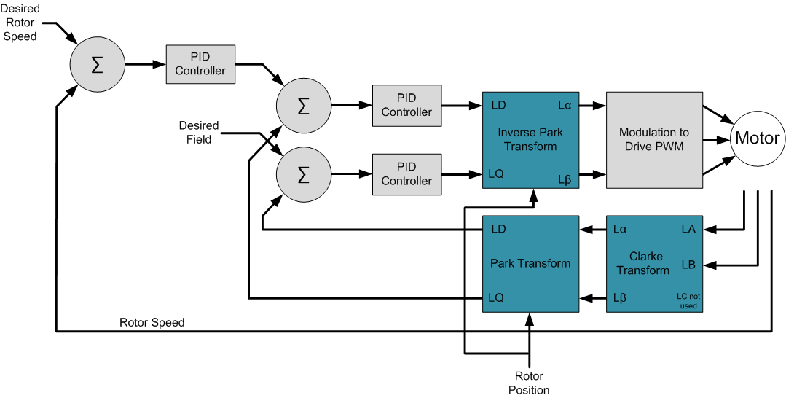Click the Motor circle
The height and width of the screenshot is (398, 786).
click(757, 138)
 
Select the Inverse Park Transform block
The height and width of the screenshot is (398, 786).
click(530, 139)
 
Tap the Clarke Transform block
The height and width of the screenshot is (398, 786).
click(654, 263)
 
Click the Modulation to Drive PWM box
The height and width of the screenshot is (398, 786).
click(654, 139)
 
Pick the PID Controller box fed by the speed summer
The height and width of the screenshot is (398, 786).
click(200, 64)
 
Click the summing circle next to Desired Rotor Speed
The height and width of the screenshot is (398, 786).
click(96, 64)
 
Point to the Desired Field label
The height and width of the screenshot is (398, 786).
click(198, 132)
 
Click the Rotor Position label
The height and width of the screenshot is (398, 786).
click(529, 383)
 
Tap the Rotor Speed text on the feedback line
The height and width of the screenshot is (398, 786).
click(152, 322)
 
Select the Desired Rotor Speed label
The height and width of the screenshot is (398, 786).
click(20, 22)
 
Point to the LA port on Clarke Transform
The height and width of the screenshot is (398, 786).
click(688, 229)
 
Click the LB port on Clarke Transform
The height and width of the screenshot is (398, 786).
click(688, 263)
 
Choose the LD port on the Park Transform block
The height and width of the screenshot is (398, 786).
click(499, 229)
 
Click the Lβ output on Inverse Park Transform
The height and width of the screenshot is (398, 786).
click(564, 179)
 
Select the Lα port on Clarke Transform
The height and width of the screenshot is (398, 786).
click(621, 229)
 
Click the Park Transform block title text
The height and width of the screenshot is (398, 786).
click(530, 263)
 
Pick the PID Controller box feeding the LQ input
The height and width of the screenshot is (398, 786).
click(406, 174)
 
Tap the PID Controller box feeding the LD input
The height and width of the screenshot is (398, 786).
click(406, 105)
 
